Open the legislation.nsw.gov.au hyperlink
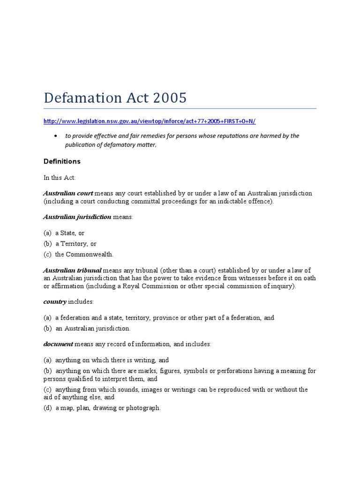tap(150, 121)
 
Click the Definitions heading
tap(62, 161)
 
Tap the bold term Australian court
tap(68, 193)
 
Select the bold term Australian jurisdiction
tap(77, 217)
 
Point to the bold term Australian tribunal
tap(72, 270)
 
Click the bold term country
tap(55, 301)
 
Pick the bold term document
tap(58, 344)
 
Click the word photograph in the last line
tap(143, 408)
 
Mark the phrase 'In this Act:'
tap(60, 178)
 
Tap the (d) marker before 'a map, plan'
tap(47, 408)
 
